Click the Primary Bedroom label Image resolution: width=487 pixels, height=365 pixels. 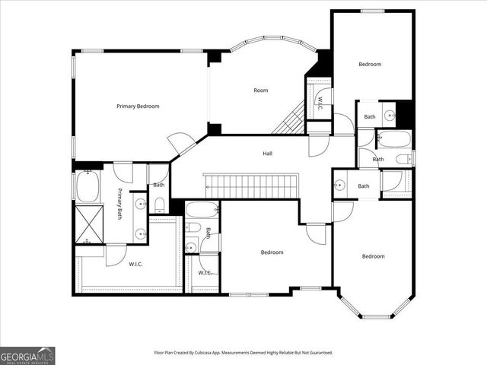(x=138, y=106)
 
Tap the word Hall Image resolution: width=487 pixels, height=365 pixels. (x=268, y=154)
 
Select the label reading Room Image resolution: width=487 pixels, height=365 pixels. (x=261, y=90)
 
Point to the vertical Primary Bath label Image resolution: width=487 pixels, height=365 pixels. (x=119, y=204)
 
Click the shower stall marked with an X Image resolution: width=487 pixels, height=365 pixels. (x=88, y=222)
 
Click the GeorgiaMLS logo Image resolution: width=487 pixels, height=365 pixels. (x=27, y=355)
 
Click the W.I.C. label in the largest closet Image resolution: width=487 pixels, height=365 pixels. (x=137, y=265)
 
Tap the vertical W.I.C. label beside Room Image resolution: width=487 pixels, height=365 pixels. (x=320, y=100)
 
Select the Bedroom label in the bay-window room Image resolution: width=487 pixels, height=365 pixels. (x=373, y=256)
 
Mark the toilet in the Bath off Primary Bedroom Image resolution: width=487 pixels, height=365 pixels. (x=159, y=204)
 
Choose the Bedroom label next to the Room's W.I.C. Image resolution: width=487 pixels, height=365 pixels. (x=370, y=65)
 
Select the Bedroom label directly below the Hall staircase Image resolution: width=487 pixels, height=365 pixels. (x=272, y=252)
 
